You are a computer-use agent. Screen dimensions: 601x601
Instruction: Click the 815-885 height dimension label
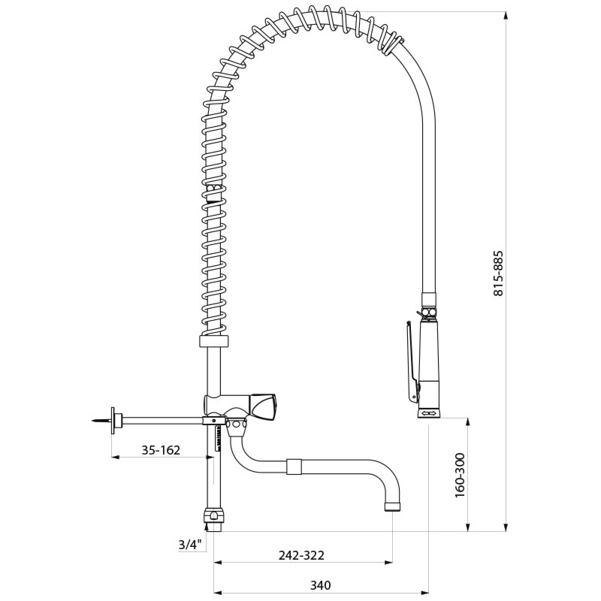[x=497, y=273]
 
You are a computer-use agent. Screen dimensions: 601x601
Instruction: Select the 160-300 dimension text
[x=460, y=476]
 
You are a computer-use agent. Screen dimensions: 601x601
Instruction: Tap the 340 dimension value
[x=321, y=585]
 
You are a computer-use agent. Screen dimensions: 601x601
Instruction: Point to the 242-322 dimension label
[x=301, y=555]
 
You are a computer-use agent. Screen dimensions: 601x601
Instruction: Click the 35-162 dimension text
[x=161, y=449]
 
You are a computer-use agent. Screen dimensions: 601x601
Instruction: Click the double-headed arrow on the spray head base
[x=429, y=412]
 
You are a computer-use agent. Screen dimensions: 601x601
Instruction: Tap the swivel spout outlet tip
[x=392, y=506]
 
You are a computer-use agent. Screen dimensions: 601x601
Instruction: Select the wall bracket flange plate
[x=113, y=421]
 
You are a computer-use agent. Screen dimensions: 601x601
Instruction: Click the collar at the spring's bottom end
[x=214, y=341]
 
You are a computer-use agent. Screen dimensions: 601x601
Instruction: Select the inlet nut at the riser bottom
[x=214, y=519]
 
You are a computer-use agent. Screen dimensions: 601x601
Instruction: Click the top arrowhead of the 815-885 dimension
[x=506, y=15]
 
